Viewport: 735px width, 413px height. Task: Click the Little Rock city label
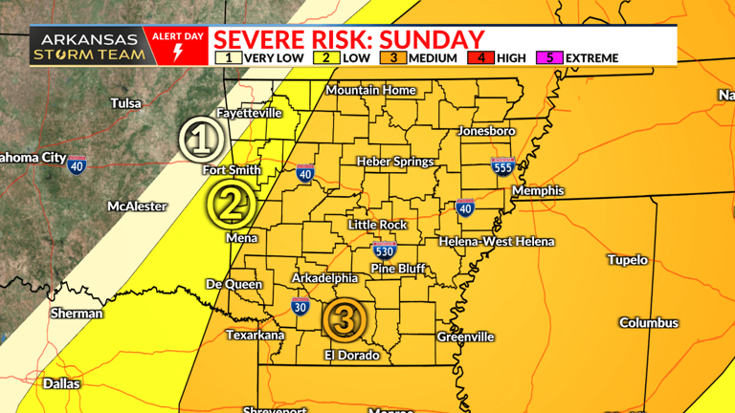[x=377, y=225]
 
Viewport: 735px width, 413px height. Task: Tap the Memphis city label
[x=538, y=191]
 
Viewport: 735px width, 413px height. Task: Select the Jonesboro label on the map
[x=486, y=130]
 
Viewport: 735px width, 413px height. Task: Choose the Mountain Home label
[x=371, y=90]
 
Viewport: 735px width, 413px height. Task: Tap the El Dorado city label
[x=351, y=355]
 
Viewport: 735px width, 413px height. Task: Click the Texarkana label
[x=255, y=335]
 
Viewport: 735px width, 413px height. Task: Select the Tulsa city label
[x=125, y=103]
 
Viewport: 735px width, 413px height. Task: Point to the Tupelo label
[x=627, y=260]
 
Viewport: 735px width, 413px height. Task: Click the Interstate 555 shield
[x=501, y=165]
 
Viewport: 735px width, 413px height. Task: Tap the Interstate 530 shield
[x=384, y=251]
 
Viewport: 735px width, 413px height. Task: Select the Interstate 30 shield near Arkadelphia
[x=301, y=307]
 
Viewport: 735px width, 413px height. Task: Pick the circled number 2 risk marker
[x=230, y=202]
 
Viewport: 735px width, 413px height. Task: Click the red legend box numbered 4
[x=480, y=57]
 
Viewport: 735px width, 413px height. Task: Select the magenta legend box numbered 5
[x=550, y=57]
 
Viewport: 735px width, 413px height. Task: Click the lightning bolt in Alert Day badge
[x=177, y=53]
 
